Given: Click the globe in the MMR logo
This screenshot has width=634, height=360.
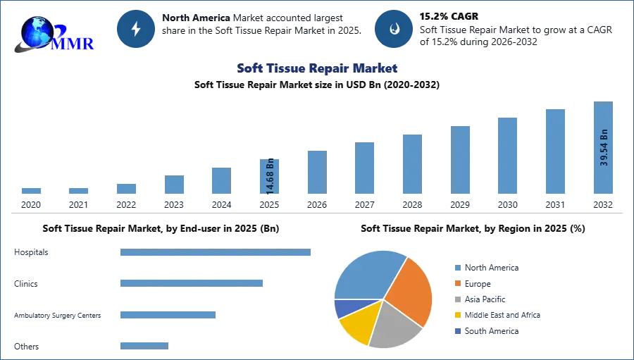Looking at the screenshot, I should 37,31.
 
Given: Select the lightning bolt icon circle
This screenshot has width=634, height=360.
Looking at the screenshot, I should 137,29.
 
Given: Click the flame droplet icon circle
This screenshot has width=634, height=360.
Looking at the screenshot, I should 394,29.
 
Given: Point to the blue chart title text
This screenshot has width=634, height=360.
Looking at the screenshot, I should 317,68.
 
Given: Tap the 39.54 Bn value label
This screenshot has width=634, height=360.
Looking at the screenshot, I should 604,147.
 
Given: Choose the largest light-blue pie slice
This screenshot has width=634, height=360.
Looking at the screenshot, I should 366,275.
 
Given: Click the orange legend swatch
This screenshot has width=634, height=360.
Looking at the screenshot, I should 456,283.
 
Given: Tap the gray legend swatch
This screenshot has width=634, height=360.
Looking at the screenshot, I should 456,299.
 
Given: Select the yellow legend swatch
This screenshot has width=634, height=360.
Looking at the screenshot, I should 456,316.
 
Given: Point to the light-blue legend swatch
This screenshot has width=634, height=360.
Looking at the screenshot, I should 456,268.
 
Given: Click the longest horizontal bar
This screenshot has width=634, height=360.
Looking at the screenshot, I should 216,254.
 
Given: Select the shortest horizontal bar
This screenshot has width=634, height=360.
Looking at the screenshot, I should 144,345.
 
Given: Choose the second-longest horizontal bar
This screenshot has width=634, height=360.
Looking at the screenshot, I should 191,283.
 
